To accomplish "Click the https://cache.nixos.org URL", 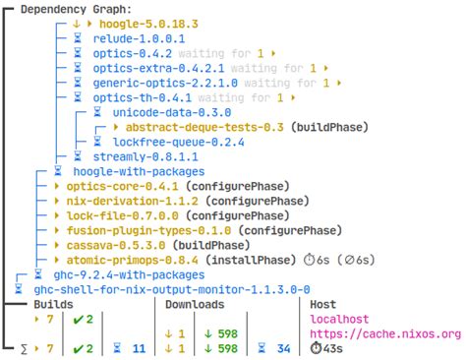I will point(384,333).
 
